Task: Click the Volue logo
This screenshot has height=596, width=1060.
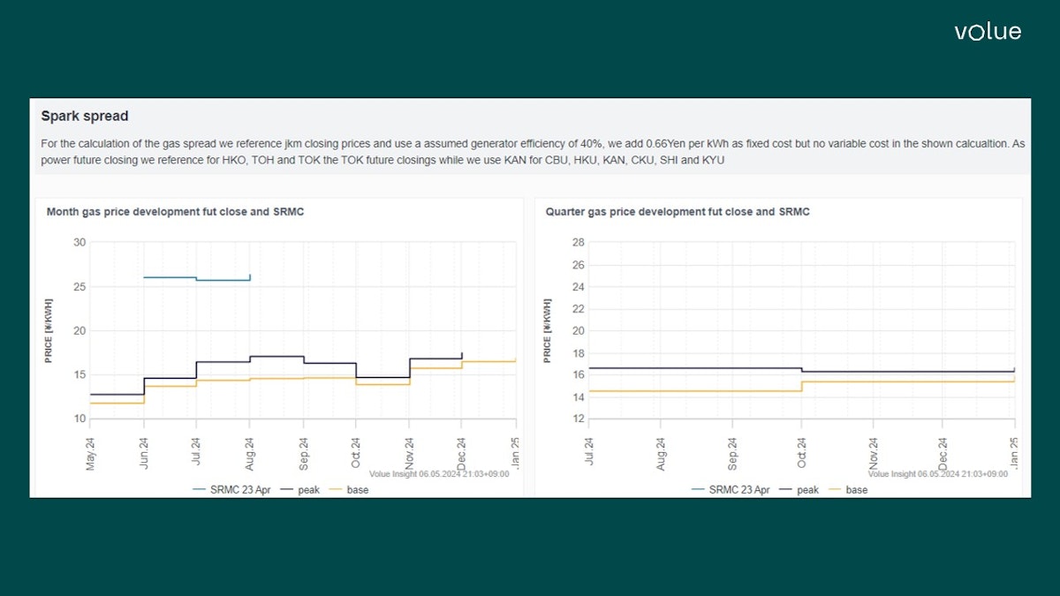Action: pyautogui.click(x=987, y=32)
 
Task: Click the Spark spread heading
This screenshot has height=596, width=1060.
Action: pyautogui.click(x=85, y=116)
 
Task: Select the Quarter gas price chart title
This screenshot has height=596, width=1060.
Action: pyautogui.click(x=678, y=212)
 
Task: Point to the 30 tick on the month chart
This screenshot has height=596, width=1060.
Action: pyautogui.click(x=79, y=243)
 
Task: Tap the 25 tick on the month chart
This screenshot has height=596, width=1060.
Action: pyautogui.click(x=79, y=287)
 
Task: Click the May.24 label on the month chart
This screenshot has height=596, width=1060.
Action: pyautogui.click(x=90, y=450)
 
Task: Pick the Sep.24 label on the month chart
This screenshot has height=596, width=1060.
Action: pyautogui.click(x=303, y=450)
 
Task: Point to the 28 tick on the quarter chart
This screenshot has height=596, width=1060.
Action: pyautogui.click(x=579, y=243)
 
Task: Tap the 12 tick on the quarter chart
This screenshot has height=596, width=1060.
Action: pyautogui.click(x=579, y=419)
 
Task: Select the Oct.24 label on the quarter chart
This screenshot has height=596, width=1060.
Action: pyautogui.click(x=801, y=450)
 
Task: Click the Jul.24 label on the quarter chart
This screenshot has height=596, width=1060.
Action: pyautogui.click(x=589, y=450)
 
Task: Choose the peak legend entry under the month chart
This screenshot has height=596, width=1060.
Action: pyautogui.click(x=309, y=490)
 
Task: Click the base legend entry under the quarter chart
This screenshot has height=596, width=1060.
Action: pyautogui.click(x=856, y=490)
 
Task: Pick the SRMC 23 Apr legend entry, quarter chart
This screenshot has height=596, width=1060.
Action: pyautogui.click(x=738, y=490)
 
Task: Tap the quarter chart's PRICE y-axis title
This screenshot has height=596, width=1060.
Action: pyautogui.click(x=548, y=331)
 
